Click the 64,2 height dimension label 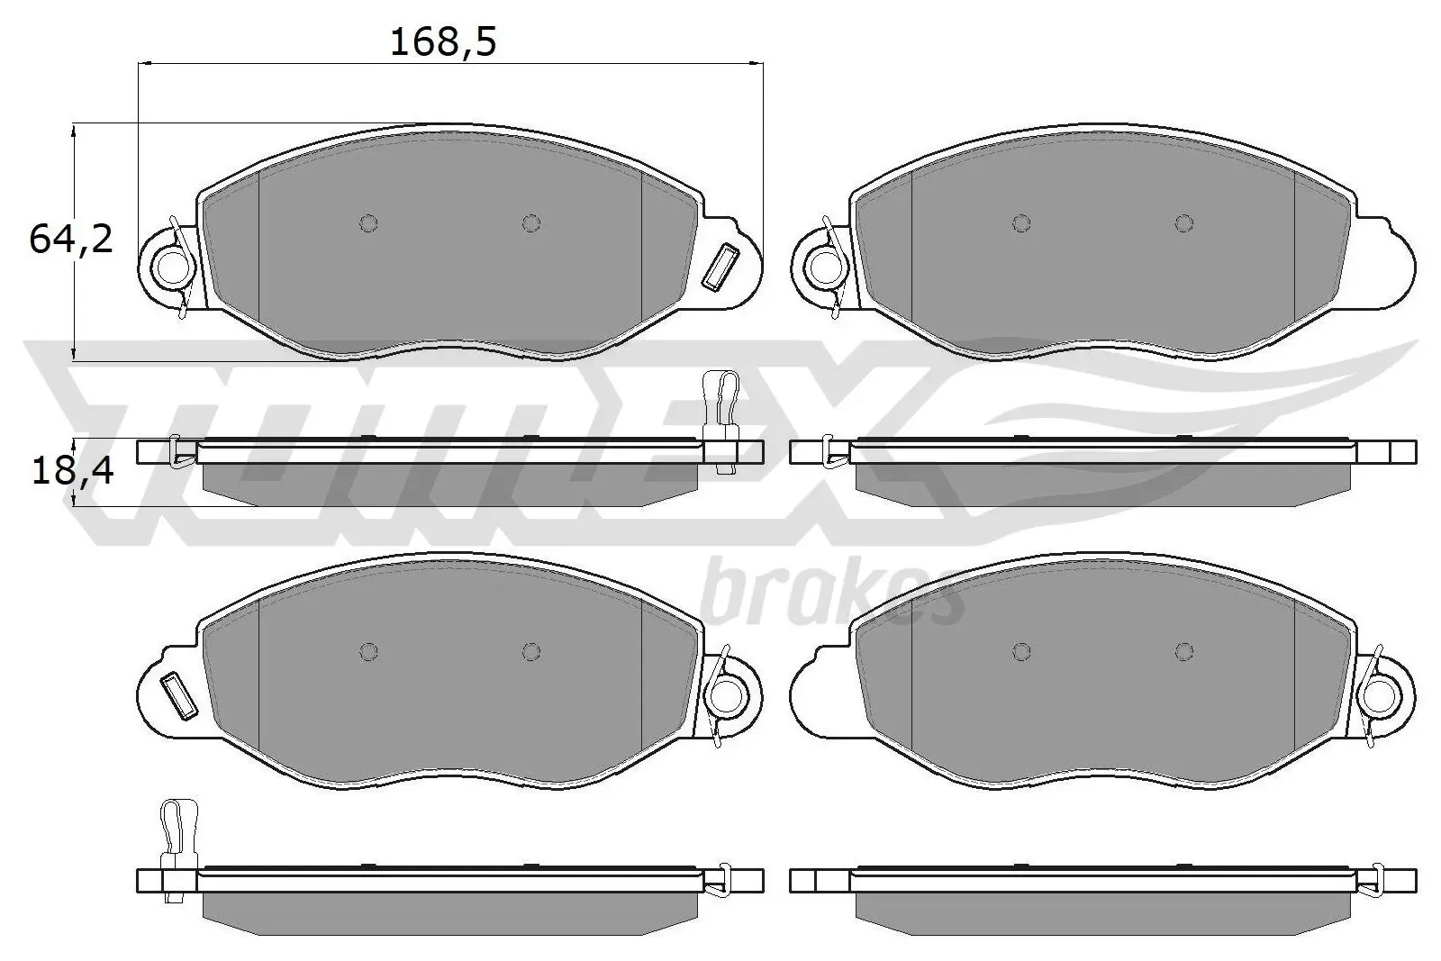tap(71, 240)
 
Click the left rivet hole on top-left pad tap(367, 223)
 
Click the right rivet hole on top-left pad tap(531, 223)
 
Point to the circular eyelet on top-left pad tap(171, 266)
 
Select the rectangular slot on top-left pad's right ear tap(721, 267)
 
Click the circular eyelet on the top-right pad tap(824, 266)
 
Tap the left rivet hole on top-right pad tap(1020, 223)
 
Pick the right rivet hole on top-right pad tap(1184, 223)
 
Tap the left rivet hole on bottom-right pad tap(1020, 651)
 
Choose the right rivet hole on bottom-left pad tap(531, 651)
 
